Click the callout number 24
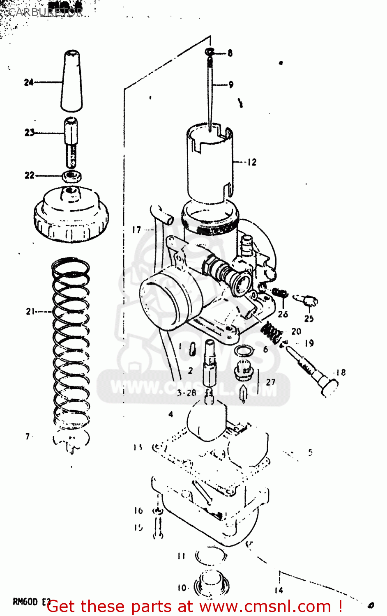click(x=28, y=82)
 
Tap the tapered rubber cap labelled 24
click(x=71, y=81)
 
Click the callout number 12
click(x=252, y=162)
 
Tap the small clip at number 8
click(x=210, y=52)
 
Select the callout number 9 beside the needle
click(x=231, y=85)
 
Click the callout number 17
click(x=136, y=230)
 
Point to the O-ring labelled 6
click(x=244, y=351)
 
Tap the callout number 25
click(x=309, y=318)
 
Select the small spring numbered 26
click(x=281, y=293)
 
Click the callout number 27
click(x=270, y=382)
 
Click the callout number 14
click(x=279, y=590)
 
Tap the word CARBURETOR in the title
click(x=45, y=12)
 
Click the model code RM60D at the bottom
click(x=25, y=602)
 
